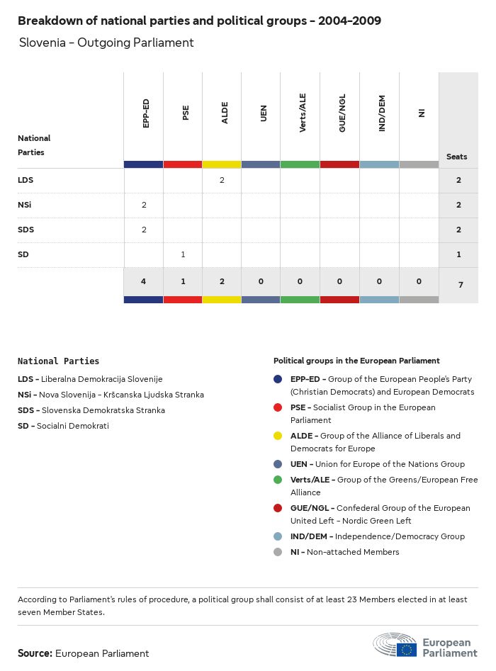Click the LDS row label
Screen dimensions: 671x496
[26, 180]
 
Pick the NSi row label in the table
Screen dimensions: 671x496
[25, 205]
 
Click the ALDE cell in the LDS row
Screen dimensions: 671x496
[222, 180]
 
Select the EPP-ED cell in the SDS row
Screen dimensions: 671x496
[144, 230]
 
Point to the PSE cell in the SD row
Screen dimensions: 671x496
[183, 254]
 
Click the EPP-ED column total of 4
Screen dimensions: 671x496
[144, 281]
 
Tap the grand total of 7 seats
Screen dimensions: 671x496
[458, 284]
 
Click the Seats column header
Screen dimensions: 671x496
[457, 157]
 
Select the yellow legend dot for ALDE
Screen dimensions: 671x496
[278, 436]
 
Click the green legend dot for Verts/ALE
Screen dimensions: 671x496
[278, 480]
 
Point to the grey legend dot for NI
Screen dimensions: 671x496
[278, 552]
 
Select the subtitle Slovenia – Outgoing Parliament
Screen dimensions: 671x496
[106, 43]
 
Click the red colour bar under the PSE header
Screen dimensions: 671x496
[183, 164]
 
